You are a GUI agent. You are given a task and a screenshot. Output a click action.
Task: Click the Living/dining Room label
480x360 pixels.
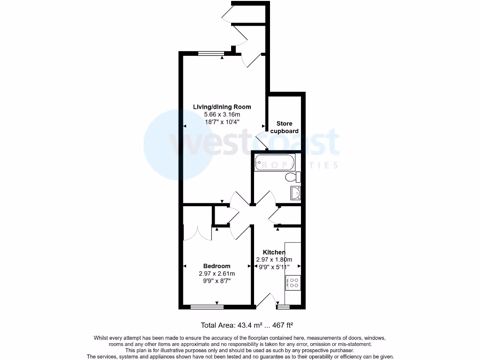222,107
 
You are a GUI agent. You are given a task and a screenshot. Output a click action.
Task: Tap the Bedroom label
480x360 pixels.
217,266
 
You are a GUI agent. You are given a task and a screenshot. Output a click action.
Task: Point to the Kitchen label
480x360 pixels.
274,252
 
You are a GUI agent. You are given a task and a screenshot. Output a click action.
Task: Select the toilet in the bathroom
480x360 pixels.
292,177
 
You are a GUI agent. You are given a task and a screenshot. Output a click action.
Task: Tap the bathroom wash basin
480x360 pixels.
296,192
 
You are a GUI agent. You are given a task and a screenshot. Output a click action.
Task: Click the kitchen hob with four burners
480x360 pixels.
293,283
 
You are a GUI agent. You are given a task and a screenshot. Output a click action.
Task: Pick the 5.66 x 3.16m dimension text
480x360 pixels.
222,114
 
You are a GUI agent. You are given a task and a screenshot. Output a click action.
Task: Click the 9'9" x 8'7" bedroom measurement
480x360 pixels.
217,281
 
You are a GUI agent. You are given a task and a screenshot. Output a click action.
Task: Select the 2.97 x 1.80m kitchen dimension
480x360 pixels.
274,260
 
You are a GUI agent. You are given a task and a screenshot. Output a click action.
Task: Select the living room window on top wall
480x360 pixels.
210,53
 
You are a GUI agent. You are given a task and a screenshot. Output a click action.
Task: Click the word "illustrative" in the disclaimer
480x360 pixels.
181,350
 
